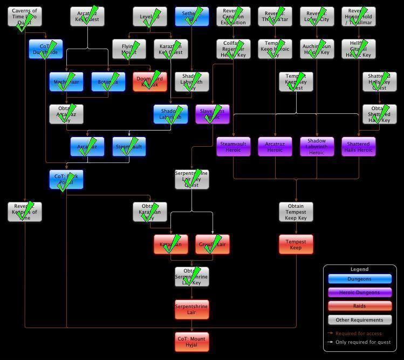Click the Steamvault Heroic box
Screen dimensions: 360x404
point(233,147)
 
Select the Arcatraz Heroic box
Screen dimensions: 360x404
point(275,147)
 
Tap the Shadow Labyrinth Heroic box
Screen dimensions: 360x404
point(317,147)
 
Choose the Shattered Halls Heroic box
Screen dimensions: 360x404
point(358,147)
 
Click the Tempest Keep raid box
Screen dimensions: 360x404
point(296,244)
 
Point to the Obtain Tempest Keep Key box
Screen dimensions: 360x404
point(296,212)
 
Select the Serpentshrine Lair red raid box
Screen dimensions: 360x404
point(191,309)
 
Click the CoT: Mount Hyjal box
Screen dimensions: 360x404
point(191,342)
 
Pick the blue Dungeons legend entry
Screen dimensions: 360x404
point(360,279)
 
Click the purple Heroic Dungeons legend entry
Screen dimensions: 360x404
point(360,293)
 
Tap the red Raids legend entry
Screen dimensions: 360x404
point(360,306)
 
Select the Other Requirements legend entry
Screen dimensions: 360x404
point(360,320)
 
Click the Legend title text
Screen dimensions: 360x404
point(359,269)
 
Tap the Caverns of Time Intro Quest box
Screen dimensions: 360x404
point(24,16)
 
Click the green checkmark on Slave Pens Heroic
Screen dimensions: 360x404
point(214,113)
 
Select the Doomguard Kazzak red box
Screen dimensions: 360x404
point(149,81)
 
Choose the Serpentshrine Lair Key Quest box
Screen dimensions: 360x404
point(191,179)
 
